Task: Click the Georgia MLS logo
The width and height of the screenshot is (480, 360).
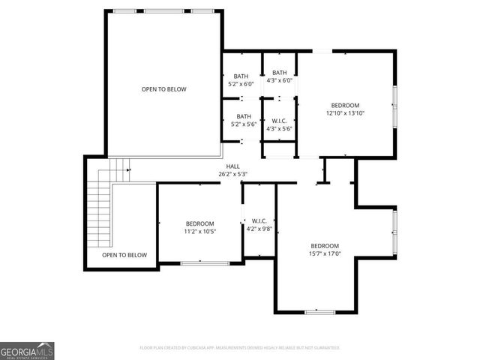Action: pyautogui.click(x=27, y=350)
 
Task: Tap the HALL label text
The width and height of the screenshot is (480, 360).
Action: pyautogui.click(x=234, y=166)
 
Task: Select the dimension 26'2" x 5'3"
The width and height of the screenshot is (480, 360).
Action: pyautogui.click(x=234, y=174)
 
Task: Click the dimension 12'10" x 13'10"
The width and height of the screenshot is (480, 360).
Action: pyautogui.click(x=345, y=113)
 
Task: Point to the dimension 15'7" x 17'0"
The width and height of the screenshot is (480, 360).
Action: pyautogui.click(x=325, y=253)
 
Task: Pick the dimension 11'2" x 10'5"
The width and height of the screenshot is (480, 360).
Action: pyautogui.click(x=200, y=232)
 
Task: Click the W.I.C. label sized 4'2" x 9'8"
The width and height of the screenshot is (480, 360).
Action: pyautogui.click(x=259, y=220)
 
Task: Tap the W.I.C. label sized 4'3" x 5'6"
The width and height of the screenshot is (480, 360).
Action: pyautogui.click(x=279, y=120)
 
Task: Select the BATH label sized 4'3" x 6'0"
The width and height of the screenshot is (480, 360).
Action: pyautogui.click(x=279, y=72)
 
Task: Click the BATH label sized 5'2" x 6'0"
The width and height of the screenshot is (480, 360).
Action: pyautogui.click(x=241, y=76)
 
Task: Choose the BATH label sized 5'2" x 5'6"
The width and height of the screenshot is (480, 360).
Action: pyautogui.click(x=244, y=116)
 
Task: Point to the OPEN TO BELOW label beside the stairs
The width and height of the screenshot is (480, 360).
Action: pyautogui.click(x=124, y=255)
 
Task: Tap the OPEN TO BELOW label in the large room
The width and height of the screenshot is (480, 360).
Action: pyautogui.click(x=163, y=89)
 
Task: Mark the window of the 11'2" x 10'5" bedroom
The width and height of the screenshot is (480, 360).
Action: pyautogui.click(x=205, y=262)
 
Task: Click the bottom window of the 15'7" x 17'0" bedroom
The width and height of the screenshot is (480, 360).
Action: pyautogui.click(x=320, y=311)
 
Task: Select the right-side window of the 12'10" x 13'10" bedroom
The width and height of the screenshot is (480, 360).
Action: pyautogui.click(x=395, y=106)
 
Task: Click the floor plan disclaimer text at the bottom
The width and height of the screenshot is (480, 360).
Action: pyautogui.click(x=240, y=348)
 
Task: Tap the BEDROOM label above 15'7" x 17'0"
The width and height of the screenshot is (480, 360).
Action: pyautogui.click(x=325, y=246)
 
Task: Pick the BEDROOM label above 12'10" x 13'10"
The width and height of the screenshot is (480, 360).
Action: pyautogui.click(x=345, y=105)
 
